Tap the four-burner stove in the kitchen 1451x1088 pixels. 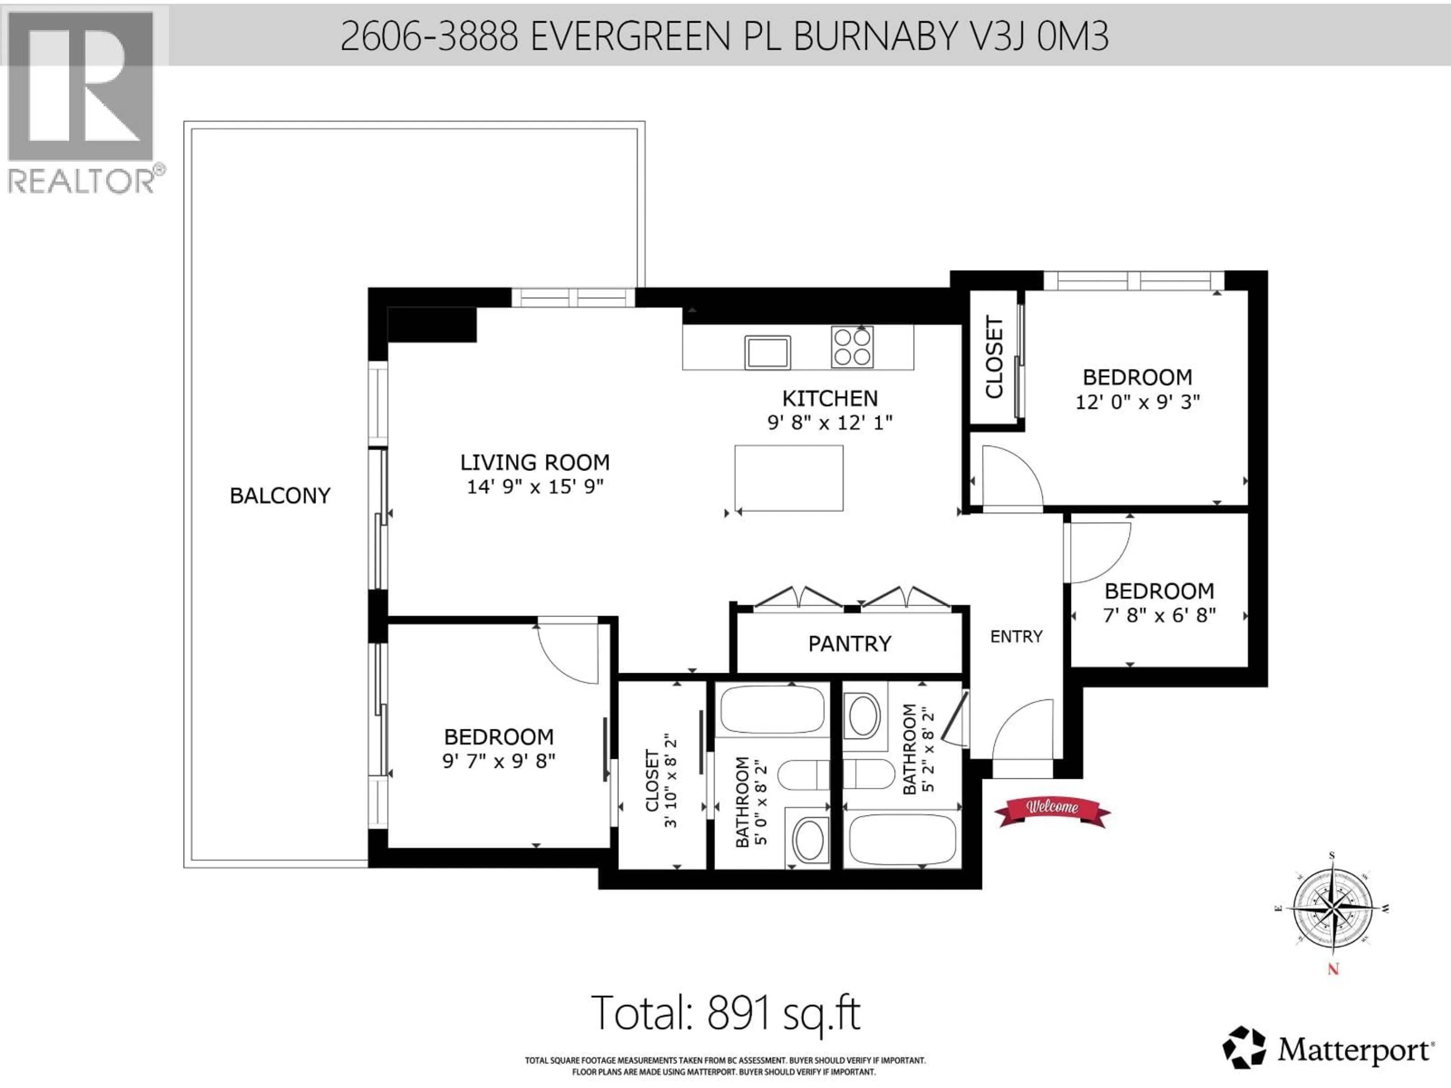pos(852,347)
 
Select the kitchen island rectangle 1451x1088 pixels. pos(789,478)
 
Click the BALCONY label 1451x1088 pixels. pos(280,496)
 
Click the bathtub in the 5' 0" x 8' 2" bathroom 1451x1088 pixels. pos(772,709)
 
